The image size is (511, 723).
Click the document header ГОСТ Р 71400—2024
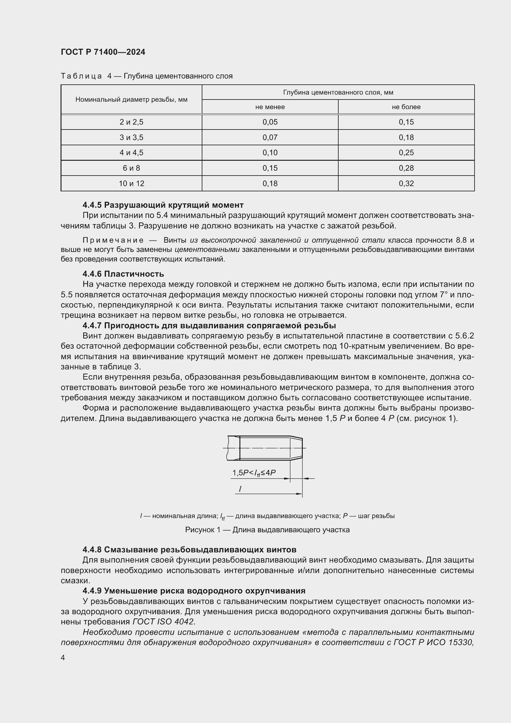[103, 52]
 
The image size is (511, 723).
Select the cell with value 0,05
[270, 122]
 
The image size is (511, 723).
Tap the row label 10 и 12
[131, 184]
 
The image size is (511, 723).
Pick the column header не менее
[270, 107]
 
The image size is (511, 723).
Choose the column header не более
[406, 107]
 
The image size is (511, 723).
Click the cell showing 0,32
[406, 184]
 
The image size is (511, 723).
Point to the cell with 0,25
[406, 153]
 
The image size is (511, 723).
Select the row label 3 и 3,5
[131, 138]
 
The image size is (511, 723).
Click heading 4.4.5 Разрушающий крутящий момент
[163, 205]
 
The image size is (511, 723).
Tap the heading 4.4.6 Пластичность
[123, 274]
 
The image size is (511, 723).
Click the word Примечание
[113, 240]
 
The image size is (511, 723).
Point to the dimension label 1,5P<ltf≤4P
[254, 473]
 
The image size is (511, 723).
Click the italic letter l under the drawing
[240, 489]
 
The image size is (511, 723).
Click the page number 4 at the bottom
[63, 658]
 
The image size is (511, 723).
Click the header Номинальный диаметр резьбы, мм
[131, 100]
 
